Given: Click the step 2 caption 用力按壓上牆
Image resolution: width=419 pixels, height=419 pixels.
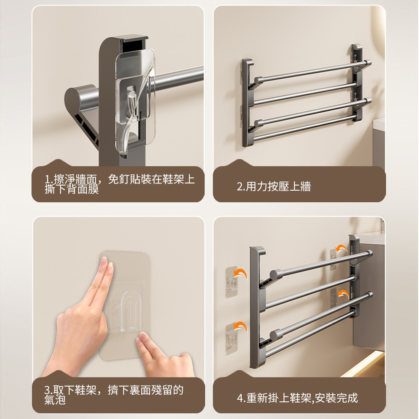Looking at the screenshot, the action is coord(278,186).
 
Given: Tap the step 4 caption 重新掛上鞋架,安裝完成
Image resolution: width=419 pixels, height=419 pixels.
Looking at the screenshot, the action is coord(302,398).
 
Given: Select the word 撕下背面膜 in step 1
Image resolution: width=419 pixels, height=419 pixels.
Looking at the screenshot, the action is coord(72,189).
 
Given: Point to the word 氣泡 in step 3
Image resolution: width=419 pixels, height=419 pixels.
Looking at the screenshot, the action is coord(55,399).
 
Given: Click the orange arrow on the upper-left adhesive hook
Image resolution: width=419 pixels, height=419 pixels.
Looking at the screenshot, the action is coord(241,274).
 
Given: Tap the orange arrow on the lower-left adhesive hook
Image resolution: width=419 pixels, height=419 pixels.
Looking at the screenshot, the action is coord(240,326).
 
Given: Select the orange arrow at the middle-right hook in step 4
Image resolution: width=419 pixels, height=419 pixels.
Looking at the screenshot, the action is coord(343,294).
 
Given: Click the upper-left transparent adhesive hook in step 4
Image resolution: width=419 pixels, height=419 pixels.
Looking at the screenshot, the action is coord(231,282).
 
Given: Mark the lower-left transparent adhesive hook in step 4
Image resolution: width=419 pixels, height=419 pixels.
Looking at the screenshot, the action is coord(231,339).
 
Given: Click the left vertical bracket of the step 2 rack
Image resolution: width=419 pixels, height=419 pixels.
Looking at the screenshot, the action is coord(248,103).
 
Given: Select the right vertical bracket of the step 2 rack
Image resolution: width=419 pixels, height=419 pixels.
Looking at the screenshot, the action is coord(357,83).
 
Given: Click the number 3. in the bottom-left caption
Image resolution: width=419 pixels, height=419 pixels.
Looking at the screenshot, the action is coord(48,390).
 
